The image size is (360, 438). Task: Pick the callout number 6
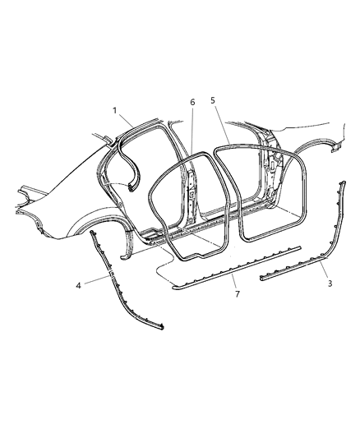192,103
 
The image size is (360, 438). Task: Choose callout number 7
237,294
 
